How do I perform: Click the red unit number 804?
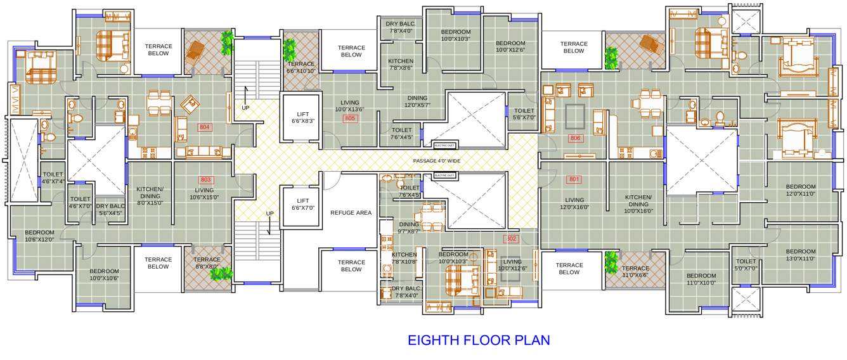point(204,127)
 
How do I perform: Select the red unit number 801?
point(574,179)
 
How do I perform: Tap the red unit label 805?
point(350,119)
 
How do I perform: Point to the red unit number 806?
point(575,138)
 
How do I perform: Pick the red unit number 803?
point(205,180)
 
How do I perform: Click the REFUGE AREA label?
point(351,213)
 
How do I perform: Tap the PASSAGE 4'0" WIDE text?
point(437,161)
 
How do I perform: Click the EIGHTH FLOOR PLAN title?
point(479,340)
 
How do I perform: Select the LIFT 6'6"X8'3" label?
point(303,117)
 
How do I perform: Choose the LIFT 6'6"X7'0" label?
point(303,204)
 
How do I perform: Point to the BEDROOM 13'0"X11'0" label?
point(801,255)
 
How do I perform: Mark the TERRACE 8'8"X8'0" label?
point(207,263)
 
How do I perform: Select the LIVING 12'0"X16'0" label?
point(574,203)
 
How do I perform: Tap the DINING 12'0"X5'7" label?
point(417,101)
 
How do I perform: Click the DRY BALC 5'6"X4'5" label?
point(110,209)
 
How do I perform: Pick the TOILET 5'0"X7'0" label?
point(746,265)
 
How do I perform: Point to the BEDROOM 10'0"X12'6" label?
point(510,46)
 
